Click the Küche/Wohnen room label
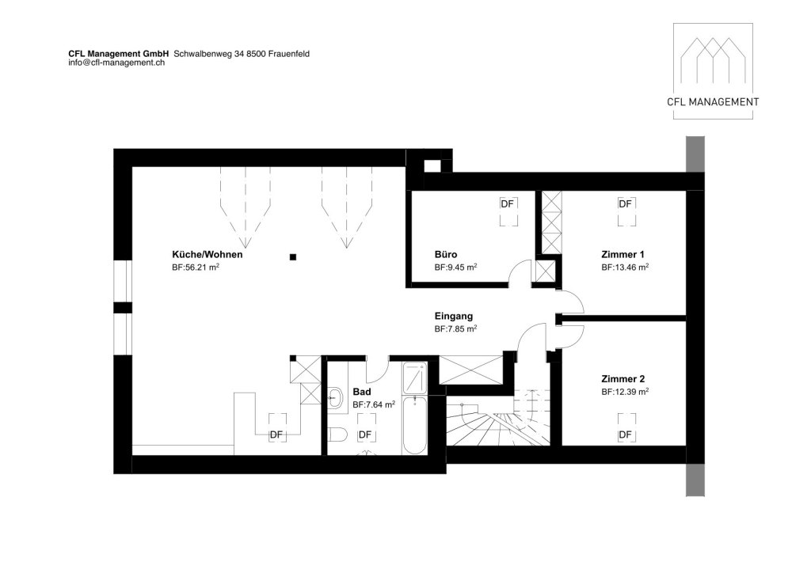[x=207, y=254]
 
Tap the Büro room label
[x=445, y=254]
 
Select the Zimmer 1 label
[x=623, y=254]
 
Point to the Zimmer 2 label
[x=623, y=379]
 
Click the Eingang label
[x=453, y=316]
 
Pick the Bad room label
[x=361, y=392]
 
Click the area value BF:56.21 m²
[x=196, y=268]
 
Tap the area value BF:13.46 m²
[x=625, y=268]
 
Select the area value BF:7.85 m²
[x=455, y=328]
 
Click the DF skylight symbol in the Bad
[x=365, y=434]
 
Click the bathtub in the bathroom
[x=415, y=425]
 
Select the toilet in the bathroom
[x=337, y=435]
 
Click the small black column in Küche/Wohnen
[x=293, y=256]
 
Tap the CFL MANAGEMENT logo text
[x=713, y=102]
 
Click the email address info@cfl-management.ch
[x=116, y=63]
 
